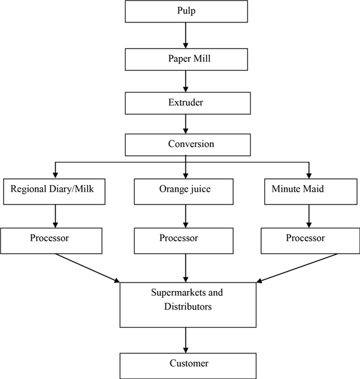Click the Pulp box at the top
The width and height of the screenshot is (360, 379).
[x=186, y=12]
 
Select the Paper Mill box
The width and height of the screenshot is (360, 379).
[x=186, y=59]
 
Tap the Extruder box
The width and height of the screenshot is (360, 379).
[x=186, y=102]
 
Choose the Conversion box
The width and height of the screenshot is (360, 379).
[x=186, y=145]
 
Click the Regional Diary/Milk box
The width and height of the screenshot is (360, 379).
[x=56, y=191]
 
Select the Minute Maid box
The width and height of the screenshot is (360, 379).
[x=309, y=191]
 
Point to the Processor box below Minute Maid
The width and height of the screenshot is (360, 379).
[x=309, y=239]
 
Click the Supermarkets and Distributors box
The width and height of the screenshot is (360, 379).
[x=186, y=303]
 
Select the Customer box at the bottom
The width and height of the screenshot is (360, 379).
[x=186, y=364]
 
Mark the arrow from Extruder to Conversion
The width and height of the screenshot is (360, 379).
[x=186, y=124]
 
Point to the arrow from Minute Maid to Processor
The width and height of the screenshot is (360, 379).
[x=309, y=215]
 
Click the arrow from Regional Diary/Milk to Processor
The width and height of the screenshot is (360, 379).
[x=56, y=215]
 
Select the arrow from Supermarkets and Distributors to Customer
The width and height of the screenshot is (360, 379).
[x=186, y=339]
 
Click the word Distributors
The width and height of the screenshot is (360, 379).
[x=188, y=307]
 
